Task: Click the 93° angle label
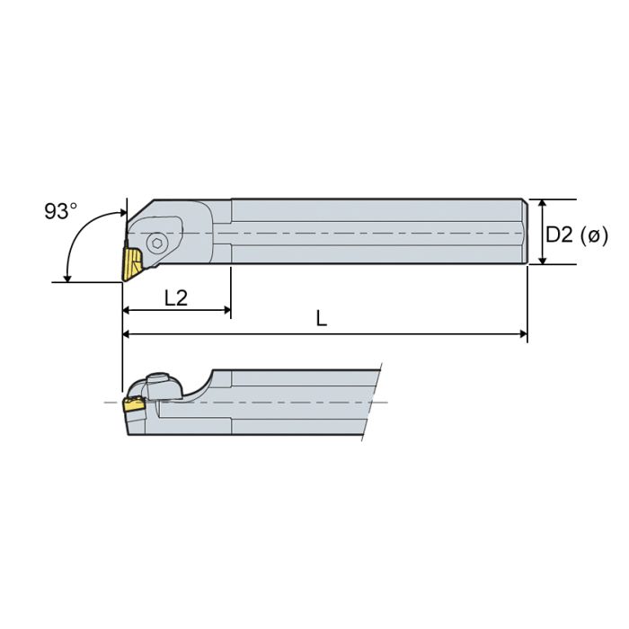tap(61, 211)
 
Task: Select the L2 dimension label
tap(176, 297)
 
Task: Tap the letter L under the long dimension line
tap(321, 318)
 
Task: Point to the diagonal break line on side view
tap(374, 401)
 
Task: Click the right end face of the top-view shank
tap(526, 232)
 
